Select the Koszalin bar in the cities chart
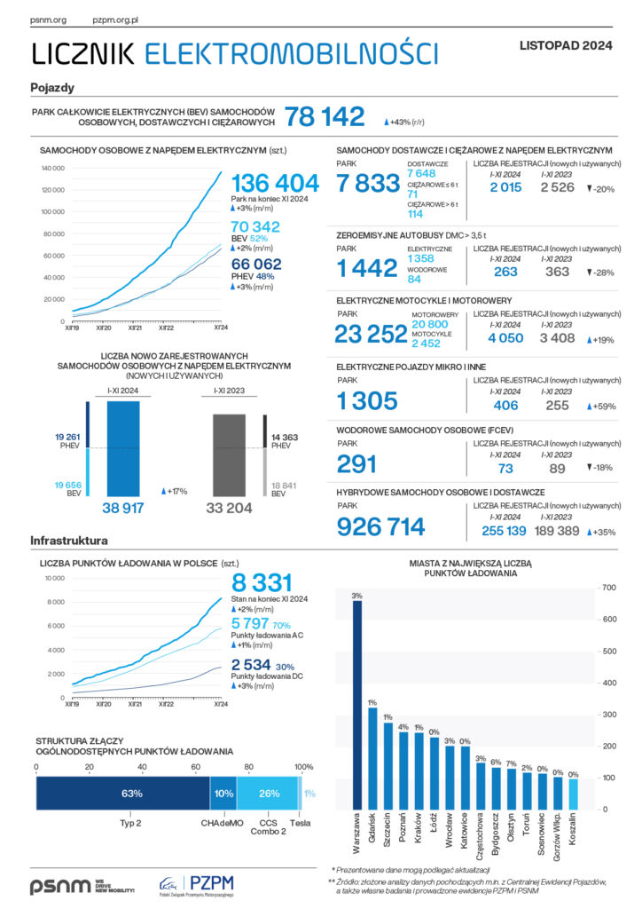pyautogui.click(x=573, y=794)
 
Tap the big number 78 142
pyautogui.click(x=325, y=117)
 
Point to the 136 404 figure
pyautogui.click(x=275, y=184)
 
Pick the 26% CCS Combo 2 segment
pyautogui.click(x=270, y=793)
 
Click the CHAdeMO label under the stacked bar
pyautogui.click(x=223, y=822)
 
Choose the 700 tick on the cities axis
pyautogui.click(x=608, y=588)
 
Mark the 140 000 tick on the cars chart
pyautogui.click(x=52, y=168)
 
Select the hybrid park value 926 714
pyautogui.click(x=381, y=527)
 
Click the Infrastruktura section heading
pyautogui.click(x=69, y=540)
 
